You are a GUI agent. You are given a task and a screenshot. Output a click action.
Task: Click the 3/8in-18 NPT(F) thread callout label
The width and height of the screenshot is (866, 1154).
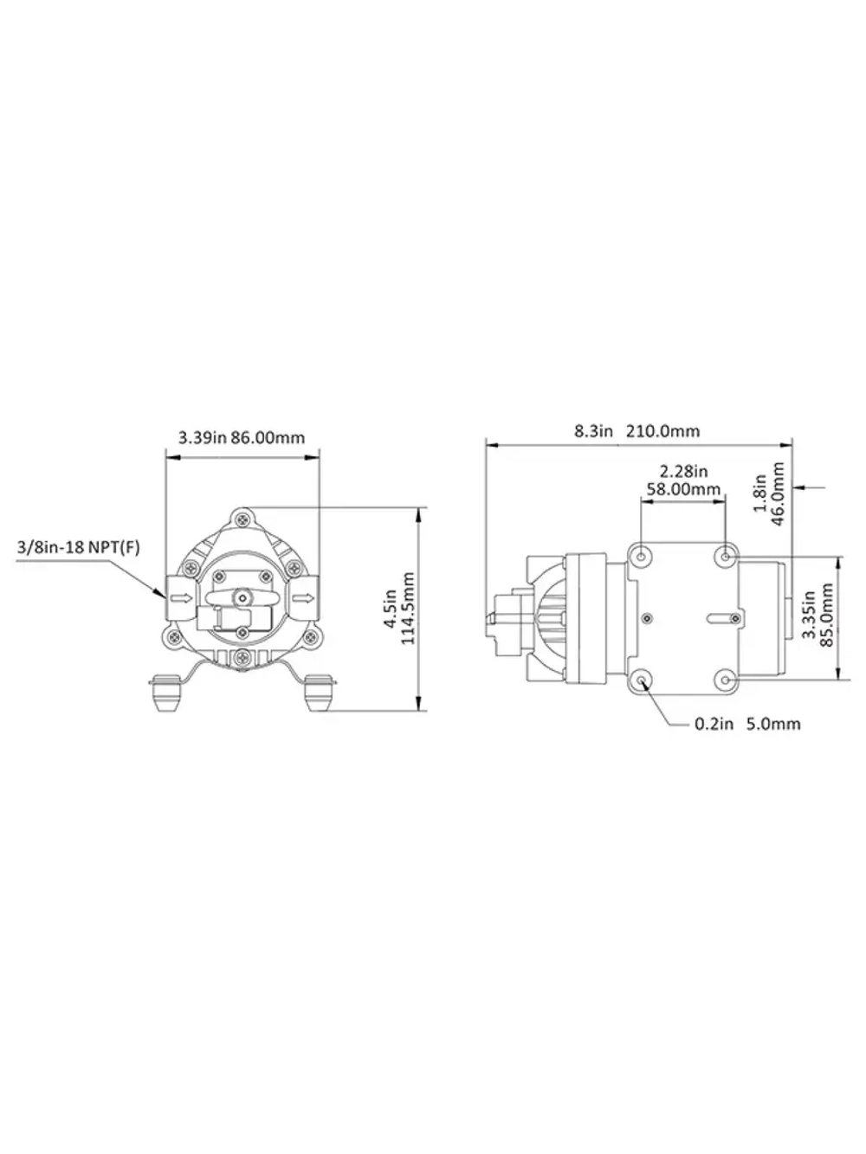pos(79,548)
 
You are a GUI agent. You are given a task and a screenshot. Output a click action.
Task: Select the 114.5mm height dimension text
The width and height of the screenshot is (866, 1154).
pos(409,609)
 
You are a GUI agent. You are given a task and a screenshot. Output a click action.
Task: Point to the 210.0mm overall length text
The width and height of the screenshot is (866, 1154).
pos(662,431)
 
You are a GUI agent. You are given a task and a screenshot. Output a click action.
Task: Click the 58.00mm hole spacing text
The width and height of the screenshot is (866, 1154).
pos(683,489)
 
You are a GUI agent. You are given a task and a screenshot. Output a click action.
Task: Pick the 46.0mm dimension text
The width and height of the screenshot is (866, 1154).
pos(777,493)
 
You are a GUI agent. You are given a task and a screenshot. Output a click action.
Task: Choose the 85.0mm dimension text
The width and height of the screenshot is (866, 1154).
pos(825,615)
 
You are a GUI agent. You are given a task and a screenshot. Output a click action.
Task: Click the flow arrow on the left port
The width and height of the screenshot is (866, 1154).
pos(181,597)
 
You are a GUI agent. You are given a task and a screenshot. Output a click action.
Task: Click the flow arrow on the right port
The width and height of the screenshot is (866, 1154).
pos(305,597)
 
